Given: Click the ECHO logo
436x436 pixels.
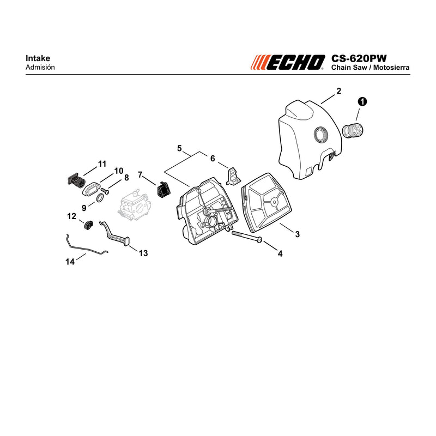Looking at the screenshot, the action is (x=288, y=62).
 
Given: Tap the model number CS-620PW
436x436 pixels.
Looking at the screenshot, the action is (x=359, y=58).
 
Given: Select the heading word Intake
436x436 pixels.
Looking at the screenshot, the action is (x=38, y=58).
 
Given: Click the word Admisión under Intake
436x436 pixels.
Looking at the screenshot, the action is (x=40, y=67).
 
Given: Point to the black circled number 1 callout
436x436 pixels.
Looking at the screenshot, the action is (x=362, y=102).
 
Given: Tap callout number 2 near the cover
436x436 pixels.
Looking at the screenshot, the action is (x=338, y=91).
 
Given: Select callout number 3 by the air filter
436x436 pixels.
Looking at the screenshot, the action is (x=297, y=234).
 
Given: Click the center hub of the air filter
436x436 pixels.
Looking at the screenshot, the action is (x=275, y=202).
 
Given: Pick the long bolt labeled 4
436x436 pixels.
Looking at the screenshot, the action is (x=247, y=236).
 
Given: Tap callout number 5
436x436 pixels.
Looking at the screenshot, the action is (x=179, y=148).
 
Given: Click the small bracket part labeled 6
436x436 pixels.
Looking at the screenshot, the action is (x=234, y=175).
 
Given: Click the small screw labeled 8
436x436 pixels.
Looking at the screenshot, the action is (x=105, y=191).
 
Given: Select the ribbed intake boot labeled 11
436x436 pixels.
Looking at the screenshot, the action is (x=76, y=181).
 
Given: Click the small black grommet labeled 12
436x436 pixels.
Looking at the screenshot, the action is (x=88, y=225).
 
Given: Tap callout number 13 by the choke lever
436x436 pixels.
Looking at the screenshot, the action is (x=143, y=253).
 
